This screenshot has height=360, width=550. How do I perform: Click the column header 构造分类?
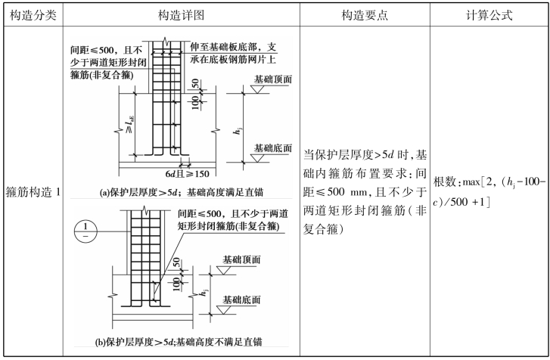[x=33, y=15]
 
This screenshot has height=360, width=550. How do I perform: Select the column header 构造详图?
[x=181, y=15]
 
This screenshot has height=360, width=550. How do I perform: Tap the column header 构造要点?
[x=365, y=15]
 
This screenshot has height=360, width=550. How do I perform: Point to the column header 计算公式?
[x=489, y=15]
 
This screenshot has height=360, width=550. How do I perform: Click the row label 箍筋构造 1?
[x=33, y=192]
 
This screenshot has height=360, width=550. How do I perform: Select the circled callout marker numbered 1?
[x=85, y=231]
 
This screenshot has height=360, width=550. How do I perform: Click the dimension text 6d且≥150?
[x=188, y=173]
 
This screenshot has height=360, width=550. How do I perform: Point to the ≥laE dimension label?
[x=129, y=125]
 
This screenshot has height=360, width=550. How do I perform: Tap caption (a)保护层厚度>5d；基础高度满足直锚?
[x=182, y=192]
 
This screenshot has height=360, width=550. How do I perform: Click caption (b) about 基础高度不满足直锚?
[x=179, y=342]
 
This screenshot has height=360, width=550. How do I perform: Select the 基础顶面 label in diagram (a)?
[x=273, y=79]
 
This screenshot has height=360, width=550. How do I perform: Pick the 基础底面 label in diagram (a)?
[x=273, y=148]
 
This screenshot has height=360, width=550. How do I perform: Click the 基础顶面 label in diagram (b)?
[x=241, y=259]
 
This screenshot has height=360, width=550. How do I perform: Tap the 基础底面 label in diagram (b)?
[x=241, y=300]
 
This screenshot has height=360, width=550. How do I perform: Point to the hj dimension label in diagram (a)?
[x=238, y=130]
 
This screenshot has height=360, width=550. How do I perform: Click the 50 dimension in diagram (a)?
[x=195, y=84]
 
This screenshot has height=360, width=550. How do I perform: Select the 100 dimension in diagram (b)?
[x=176, y=284]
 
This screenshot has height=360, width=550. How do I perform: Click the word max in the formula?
[x=471, y=182]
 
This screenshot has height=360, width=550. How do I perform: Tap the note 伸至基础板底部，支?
[x=233, y=47]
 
